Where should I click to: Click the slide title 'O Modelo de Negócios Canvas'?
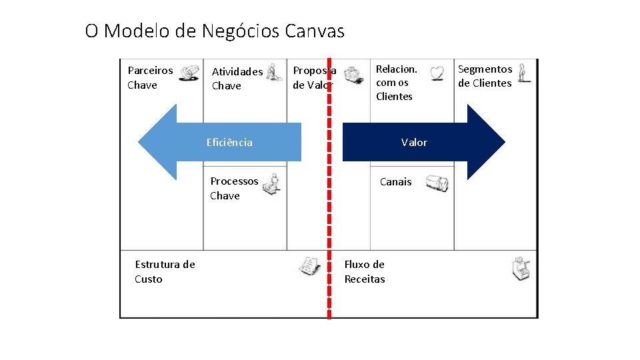click(215, 31)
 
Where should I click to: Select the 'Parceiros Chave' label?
click(149, 77)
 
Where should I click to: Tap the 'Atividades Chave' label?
click(237, 79)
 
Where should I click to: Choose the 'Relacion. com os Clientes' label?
click(396, 83)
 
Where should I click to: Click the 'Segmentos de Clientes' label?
click(485, 76)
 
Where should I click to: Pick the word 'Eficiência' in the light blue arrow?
click(229, 142)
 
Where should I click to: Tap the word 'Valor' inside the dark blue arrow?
click(414, 142)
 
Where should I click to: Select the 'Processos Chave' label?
click(234, 188)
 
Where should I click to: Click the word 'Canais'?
click(396, 181)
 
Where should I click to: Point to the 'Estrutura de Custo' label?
click(165, 271)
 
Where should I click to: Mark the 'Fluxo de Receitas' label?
click(365, 271)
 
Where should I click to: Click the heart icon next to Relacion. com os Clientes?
click(437, 73)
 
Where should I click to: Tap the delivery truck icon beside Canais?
click(437, 183)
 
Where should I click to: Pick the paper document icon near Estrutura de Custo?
click(308, 266)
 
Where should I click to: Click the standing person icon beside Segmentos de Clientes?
click(525, 71)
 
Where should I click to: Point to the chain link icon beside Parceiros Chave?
click(190, 71)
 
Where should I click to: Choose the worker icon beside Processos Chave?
click(271, 183)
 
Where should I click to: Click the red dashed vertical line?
click(329, 200)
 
